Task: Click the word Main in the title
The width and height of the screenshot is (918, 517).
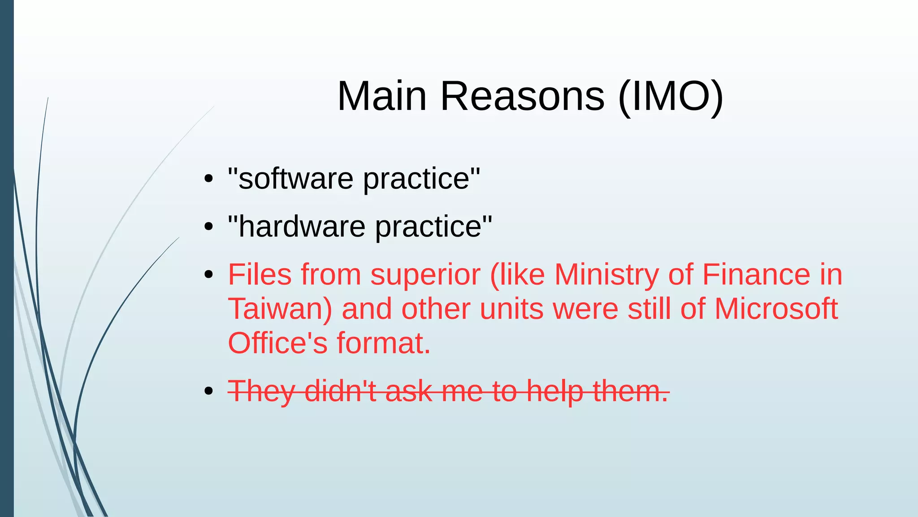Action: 381,96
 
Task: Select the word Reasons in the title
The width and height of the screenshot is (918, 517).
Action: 522,96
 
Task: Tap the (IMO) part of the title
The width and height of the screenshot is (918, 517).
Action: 670,96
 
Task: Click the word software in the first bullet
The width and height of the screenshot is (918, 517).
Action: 296,179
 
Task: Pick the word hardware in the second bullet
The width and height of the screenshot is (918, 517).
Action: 302,227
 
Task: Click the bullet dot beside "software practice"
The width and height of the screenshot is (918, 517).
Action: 208,179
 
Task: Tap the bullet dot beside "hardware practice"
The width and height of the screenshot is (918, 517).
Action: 208,227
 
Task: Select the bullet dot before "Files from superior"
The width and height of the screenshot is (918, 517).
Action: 208,275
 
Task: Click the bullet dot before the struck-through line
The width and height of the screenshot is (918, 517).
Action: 208,391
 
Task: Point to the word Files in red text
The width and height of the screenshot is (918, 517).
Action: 260,275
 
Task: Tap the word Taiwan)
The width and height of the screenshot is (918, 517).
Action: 280,309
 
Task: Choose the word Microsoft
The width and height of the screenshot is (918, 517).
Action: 776,309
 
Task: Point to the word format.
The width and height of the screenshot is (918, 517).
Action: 384,343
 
